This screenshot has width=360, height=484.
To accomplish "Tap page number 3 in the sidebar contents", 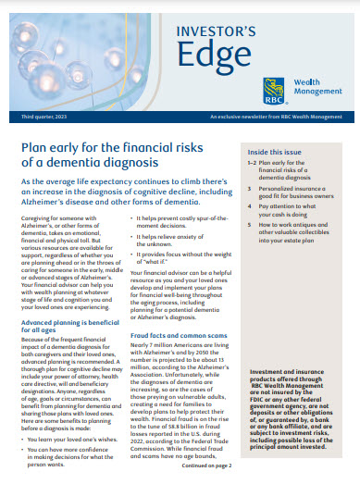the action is tap(249, 187).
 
